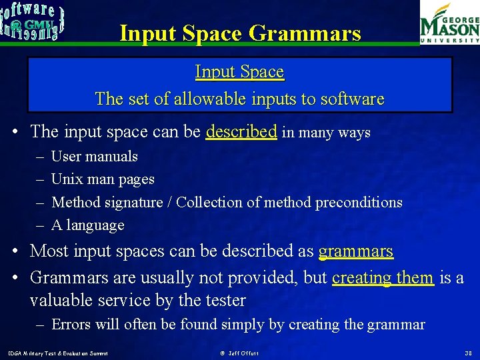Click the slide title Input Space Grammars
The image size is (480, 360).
pyautogui.click(x=240, y=33)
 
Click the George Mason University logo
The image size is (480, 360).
pyautogui.click(x=449, y=23)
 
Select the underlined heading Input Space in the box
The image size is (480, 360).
pyautogui.click(x=239, y=71)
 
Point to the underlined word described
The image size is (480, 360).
pyautogui.click(x=241, y=131)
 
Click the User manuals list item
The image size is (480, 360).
pyautogui.click(x=94, y=157)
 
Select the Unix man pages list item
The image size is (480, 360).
pyautogui.click(x=103, y=179)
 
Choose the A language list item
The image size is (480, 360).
pyautogui.click(x=87, y=225)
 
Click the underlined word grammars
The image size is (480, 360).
pyautogui.click(x=356, y=251)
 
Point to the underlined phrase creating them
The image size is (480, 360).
pyautogui.click(x=383, y=277)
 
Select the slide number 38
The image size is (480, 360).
pyautogui.click(x=467, y=353)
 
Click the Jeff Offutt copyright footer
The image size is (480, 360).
pyautogui.click(x=239, y=353)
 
